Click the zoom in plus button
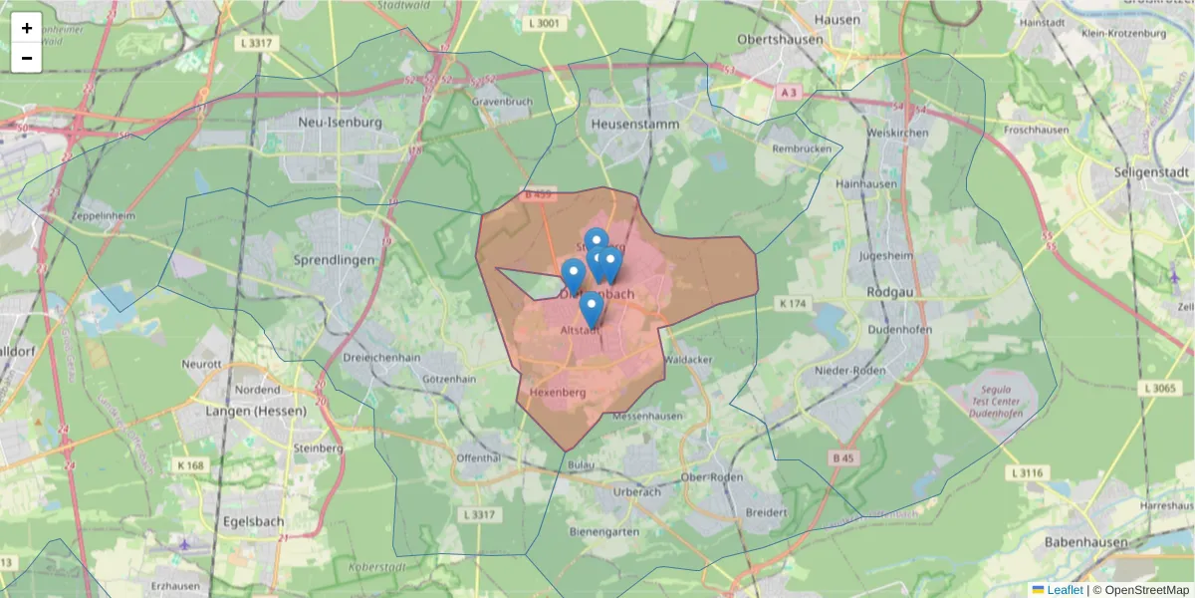click(x=26, y=28)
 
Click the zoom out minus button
click(x=26, y=58)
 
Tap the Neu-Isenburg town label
click(x=340, y=122)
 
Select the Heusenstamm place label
click(x=634, y=125)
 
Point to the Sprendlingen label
click(x=335, y=259)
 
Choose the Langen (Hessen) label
click(x=245, y=411)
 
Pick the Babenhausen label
click(x=1085, y=542)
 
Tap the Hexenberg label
click(x=557, y=393)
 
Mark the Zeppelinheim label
click(x=103, y=215)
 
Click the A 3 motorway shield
click(x=790, y=92)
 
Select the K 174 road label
click(x=794, y=302)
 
